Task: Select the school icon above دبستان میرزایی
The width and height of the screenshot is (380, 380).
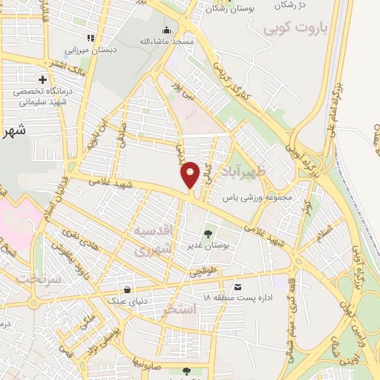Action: [x=91, y=38]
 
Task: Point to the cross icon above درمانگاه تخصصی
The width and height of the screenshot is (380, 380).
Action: [x=42, y=79]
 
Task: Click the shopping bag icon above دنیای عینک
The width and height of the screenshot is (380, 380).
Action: [x=128, y=289]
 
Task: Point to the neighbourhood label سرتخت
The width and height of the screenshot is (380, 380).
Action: [x=27, y=279]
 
